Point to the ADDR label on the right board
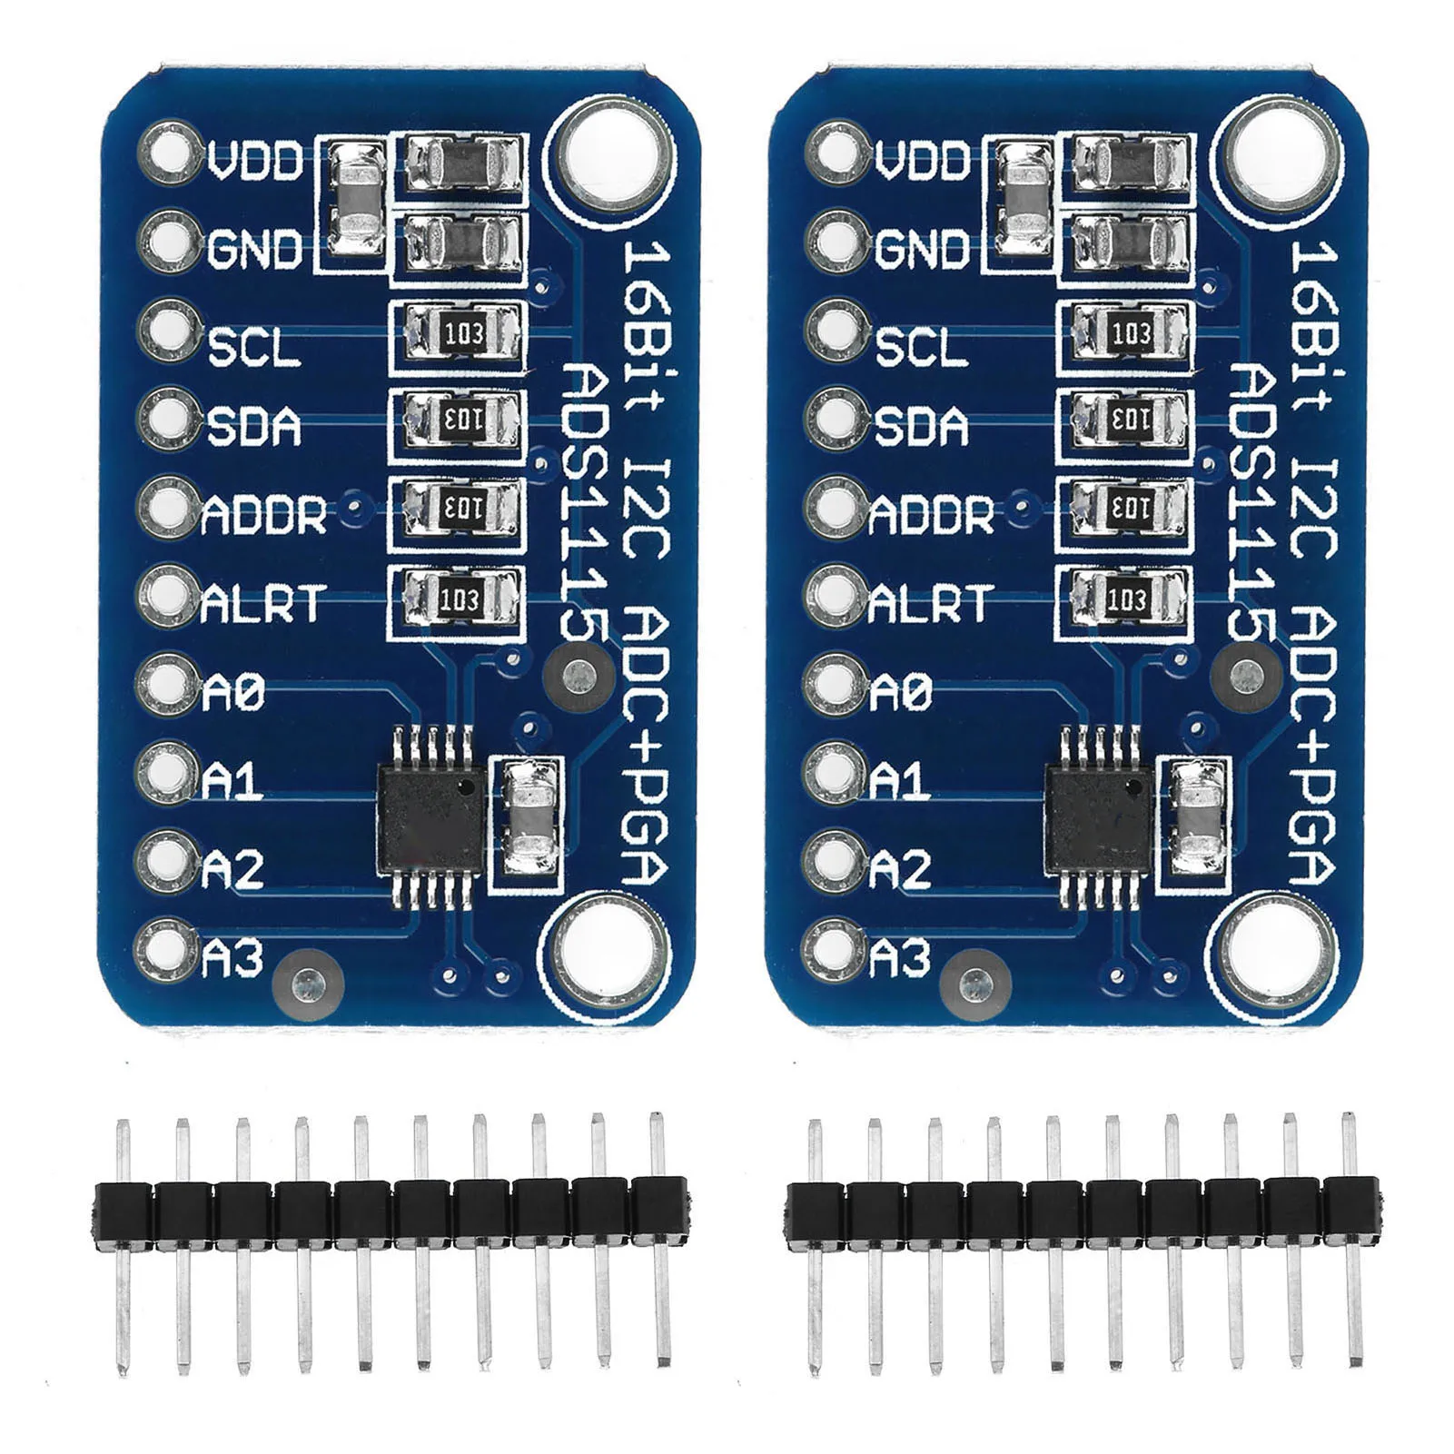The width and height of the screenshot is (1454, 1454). pos(932,515)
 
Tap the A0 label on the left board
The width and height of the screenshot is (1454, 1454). pos(232,694)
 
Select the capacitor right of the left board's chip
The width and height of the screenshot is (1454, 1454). pos(530,816)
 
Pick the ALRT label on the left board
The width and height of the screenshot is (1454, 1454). pos(262,604)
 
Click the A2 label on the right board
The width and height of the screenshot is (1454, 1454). pos(900,870)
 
